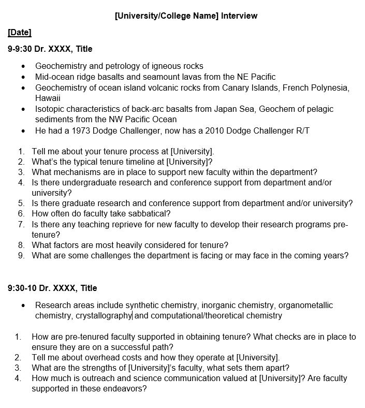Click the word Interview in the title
239,16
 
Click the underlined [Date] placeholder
20,33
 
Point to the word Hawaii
48,98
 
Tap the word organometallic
303,305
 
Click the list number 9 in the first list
21,256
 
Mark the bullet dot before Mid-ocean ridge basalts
23,77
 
